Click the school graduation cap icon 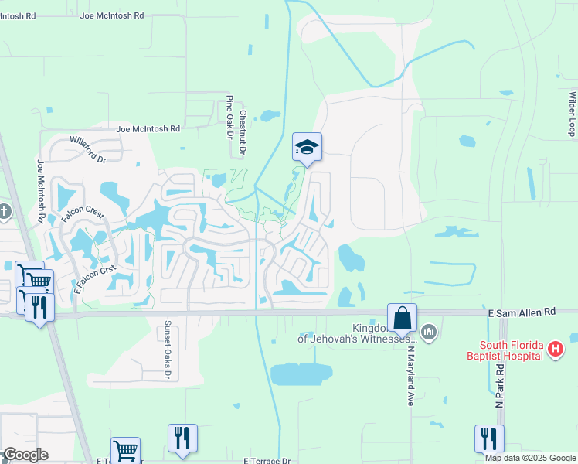[307, 147]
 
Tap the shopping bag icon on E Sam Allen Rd [402, 317]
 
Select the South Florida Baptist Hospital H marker [554, 350]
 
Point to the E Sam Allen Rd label [522, 311]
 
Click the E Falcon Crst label [95, 278]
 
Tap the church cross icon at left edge [4, 212]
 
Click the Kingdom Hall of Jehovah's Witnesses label [358, 333]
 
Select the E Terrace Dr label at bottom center [267, 460]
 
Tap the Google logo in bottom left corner [25, 455]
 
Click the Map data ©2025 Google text [529, 458]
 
